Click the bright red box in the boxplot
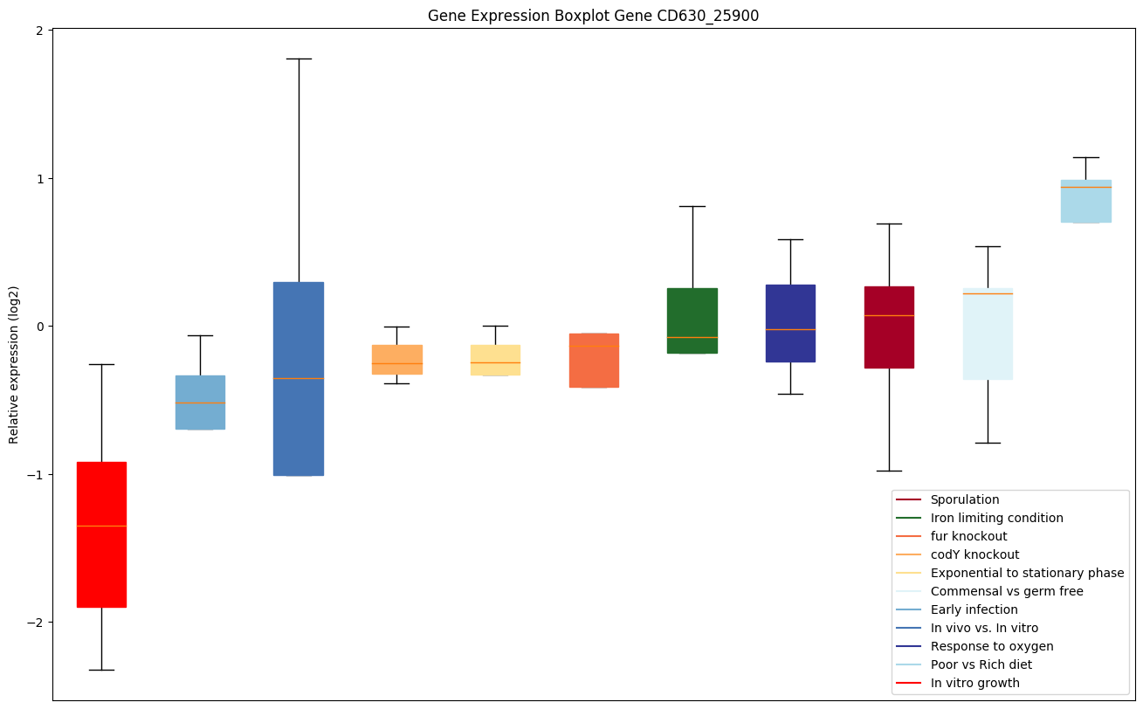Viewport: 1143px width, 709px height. (101, 534)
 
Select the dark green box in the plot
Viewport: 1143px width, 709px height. (692, 320)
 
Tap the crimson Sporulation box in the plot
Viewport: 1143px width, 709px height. (889, 327)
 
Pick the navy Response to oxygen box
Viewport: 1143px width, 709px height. (790, 323)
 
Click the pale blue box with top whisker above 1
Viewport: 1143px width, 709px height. (1085, 201)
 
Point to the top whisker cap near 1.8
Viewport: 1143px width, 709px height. (299, 59)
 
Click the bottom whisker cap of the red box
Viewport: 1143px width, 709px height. (101, 670)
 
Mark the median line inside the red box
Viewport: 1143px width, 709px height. (101, 526)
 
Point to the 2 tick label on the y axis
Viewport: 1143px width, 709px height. (40, 31)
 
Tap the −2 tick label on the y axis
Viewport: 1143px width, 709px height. (37, 623)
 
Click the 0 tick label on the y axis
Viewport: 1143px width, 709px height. (40, 327)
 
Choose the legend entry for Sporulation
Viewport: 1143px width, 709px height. (964, 499)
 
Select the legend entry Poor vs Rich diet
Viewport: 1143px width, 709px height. (981, 664)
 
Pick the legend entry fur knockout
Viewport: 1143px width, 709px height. (968, 536)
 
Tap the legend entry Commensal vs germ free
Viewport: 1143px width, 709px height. (1006, 591)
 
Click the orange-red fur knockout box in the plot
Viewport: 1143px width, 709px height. (594, 360)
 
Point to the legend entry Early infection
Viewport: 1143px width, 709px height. (974, 609)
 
